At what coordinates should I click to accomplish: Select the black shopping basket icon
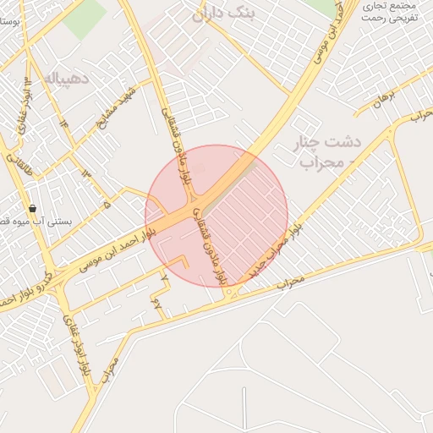click(x=32, y=208)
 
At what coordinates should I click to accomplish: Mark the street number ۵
click(x=107, y=204)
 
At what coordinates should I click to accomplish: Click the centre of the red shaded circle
click(x=216, y=216)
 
